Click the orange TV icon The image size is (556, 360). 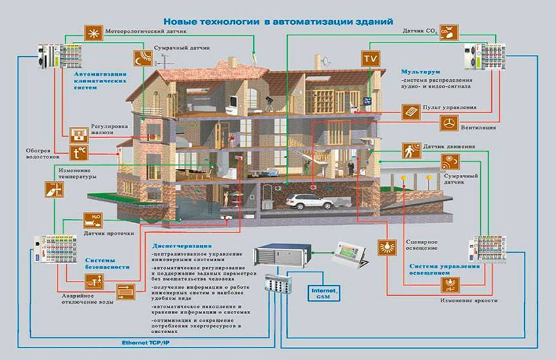click(370, 58)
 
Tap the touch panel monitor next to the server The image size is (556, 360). click(351, 254)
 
